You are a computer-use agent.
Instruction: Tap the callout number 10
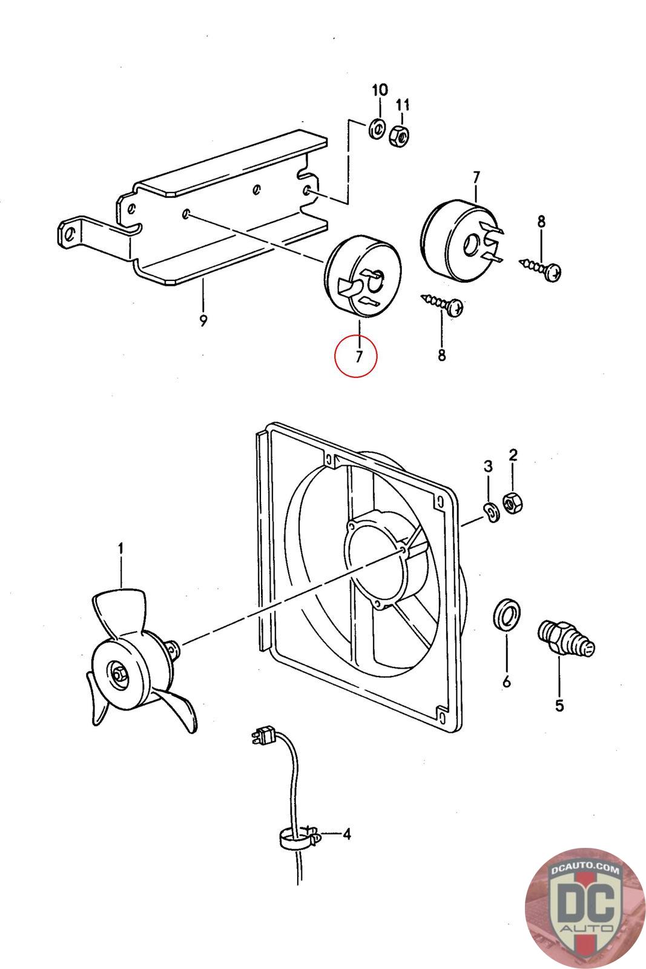pos(379,90)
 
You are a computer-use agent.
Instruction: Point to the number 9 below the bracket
pos(203,320)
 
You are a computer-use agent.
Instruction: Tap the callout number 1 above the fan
pos(121,549)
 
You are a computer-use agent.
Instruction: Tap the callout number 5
pos(559,705)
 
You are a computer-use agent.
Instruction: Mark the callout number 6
pos(506,681)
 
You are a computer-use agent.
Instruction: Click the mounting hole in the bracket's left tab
pos(70,233)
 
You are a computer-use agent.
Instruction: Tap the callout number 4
pos(346,835)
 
